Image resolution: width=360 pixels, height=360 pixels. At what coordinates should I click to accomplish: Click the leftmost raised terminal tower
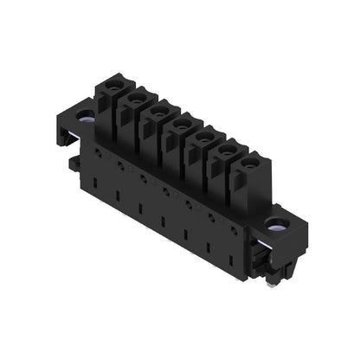point(111,100)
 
